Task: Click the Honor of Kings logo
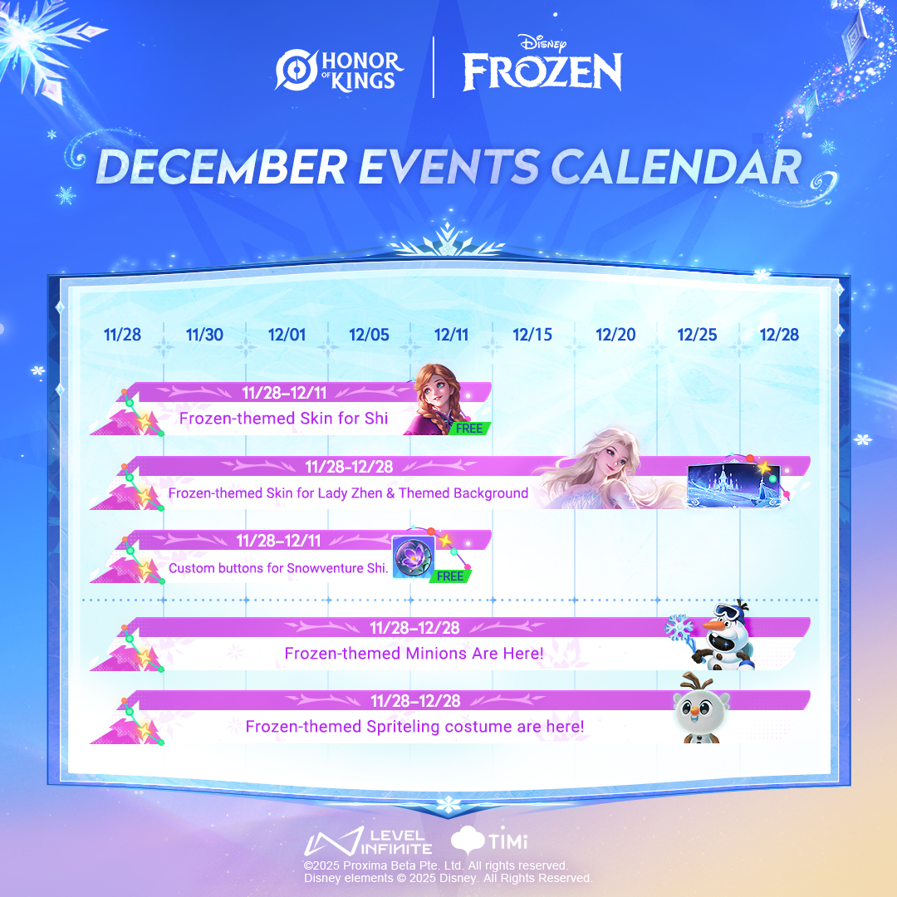click(x=339, y=71)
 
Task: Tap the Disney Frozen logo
click(x=542, y=63)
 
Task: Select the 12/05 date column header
click(x=369, y=335)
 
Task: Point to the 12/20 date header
click(x=615, y=335)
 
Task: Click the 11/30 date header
click(x=205, y=335)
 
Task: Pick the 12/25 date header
click(x=697, y=335)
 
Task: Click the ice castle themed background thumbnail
click(x=733, y=485)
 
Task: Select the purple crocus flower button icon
click(x=413, y=556)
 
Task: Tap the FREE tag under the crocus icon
click(x=450, y=576)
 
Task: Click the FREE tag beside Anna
click(x=469, y=429)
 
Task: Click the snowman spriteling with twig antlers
click(x=701, y=709)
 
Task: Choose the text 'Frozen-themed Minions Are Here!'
click(x=414, y=654)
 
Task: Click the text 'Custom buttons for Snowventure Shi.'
click(x=278, y=568)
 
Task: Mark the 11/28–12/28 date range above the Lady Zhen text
click(x=349, y=467)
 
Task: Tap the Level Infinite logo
click(x=369, y=841)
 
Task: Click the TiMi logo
click(x=489, y=839)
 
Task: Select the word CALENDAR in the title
click(x=676, y=167)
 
